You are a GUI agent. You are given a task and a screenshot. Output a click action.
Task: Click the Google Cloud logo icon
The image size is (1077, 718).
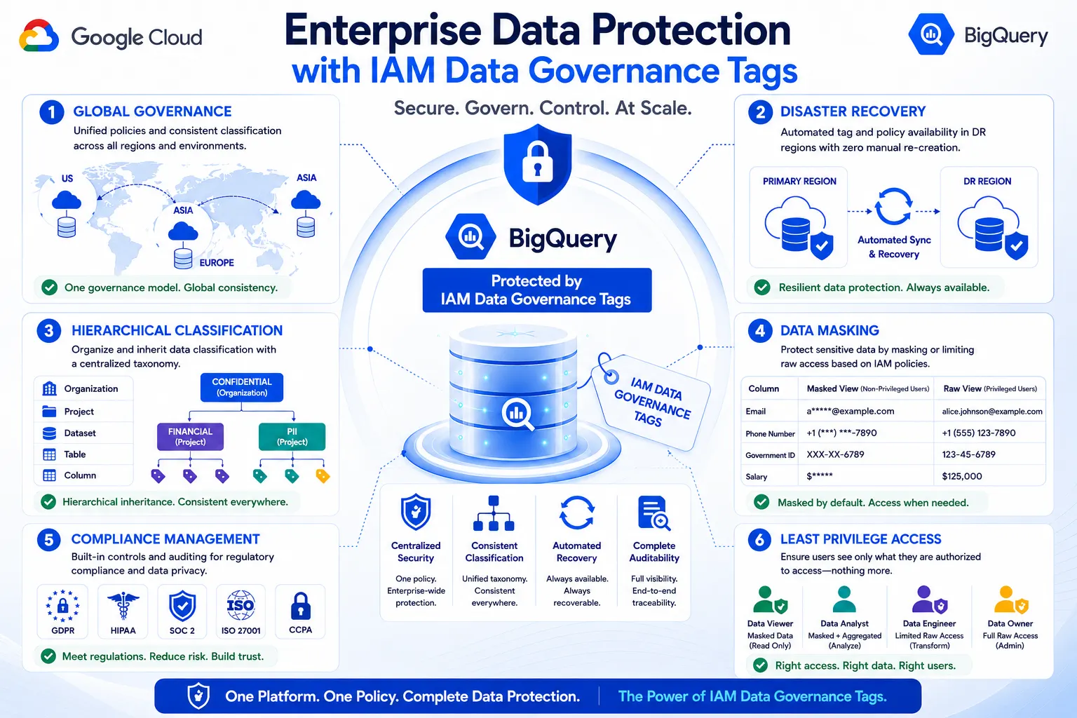39,35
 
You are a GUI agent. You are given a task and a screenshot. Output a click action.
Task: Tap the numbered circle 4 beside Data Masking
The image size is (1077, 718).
760,331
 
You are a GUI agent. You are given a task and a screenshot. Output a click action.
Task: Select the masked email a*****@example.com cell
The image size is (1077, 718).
850,411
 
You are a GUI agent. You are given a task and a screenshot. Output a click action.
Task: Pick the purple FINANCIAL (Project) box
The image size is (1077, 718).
191,437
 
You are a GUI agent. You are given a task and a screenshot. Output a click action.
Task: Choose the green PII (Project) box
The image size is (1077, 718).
292,437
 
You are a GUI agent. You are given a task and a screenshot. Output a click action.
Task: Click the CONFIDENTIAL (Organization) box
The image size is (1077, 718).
241,387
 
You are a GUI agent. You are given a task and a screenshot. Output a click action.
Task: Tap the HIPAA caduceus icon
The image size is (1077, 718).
123,606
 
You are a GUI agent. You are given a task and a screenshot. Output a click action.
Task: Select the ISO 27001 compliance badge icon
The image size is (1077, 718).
241,606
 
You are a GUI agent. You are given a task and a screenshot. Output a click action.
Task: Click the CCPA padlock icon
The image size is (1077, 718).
301,606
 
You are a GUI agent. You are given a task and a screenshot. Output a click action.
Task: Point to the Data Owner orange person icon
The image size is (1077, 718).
1010,600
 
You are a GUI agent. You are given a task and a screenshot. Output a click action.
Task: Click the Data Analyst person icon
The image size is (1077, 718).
844,600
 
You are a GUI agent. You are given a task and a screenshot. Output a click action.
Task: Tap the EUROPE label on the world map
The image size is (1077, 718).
217,262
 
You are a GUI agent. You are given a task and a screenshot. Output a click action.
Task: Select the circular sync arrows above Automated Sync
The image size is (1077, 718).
893,206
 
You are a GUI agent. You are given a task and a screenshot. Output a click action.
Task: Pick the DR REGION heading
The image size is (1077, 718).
987,182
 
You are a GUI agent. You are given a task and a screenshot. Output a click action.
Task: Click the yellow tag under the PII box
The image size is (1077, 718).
323,476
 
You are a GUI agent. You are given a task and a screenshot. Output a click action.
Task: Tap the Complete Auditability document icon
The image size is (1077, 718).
654,513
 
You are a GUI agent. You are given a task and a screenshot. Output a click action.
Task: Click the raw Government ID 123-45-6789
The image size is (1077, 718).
968,454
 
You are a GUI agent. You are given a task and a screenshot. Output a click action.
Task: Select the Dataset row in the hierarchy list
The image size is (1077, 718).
83,433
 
